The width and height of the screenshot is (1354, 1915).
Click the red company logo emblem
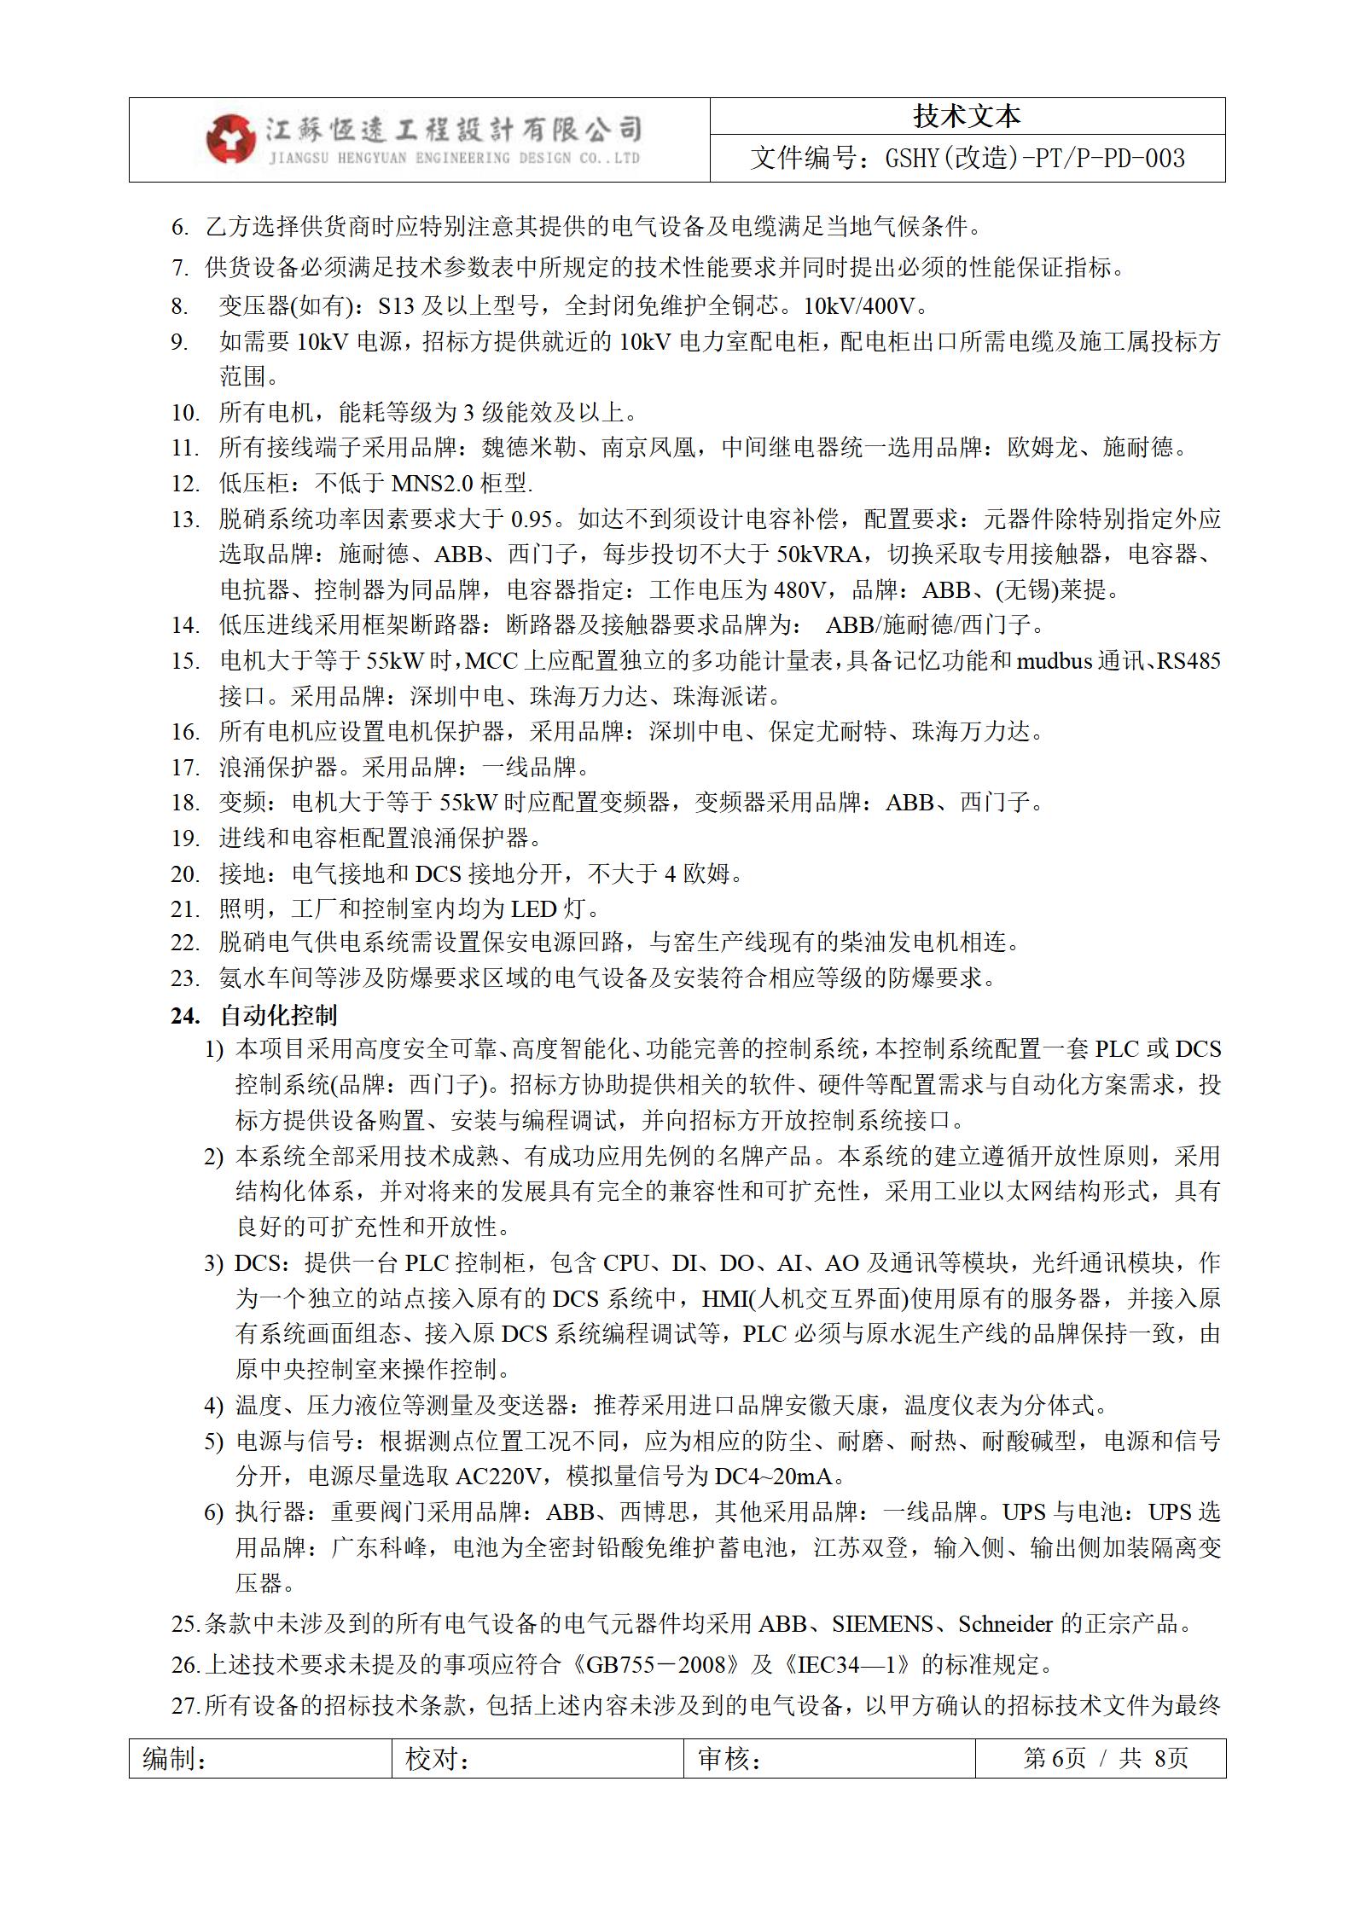click(x=230, y=138)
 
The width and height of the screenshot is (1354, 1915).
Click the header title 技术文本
click(x=967, y=117)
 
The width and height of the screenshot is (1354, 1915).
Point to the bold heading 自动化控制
click(x=278, y=1015)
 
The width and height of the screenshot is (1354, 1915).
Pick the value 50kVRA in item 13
click(x=819, y=554)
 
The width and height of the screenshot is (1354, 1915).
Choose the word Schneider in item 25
click(x=1005, y=1623)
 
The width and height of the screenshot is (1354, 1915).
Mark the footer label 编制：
click(x=175, y=1759)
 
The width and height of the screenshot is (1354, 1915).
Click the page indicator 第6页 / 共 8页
click(x=1105, y=1759)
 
